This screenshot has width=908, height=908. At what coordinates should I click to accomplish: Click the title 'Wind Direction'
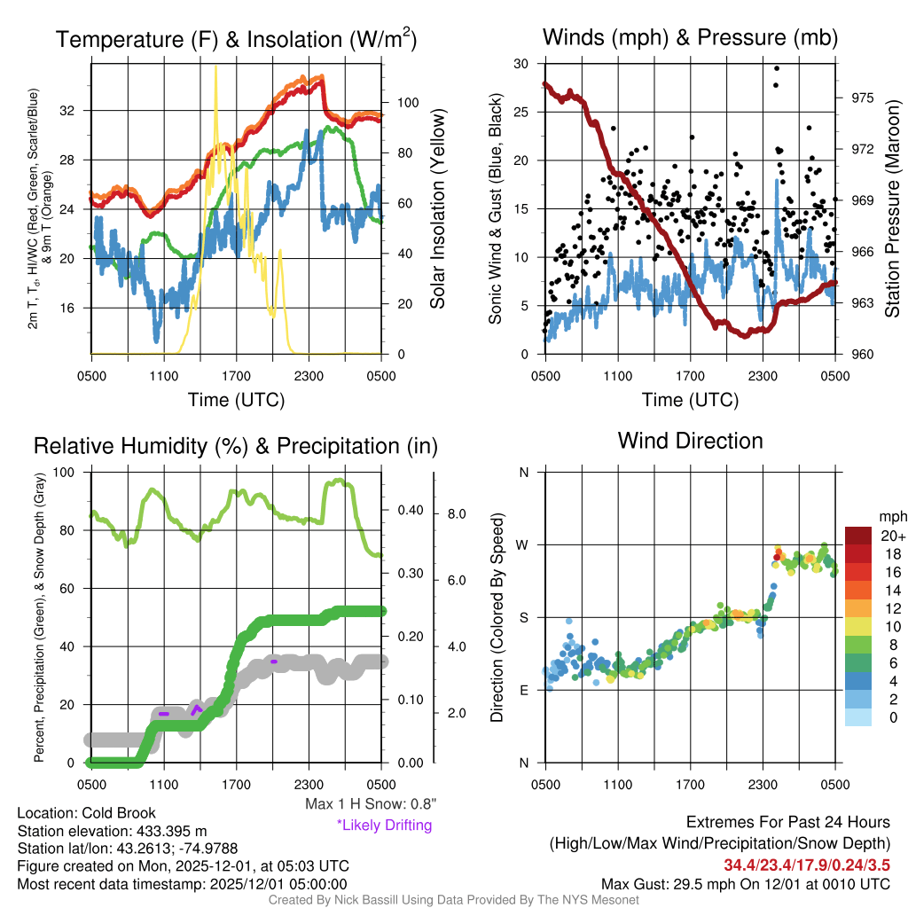tap(690, 441)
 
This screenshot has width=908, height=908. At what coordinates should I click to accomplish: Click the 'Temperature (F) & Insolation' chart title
tap(236, 40)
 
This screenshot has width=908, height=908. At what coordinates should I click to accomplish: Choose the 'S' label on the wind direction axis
tap(523, 617)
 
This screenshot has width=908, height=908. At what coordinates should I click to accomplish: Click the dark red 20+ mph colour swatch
tap(858, 536)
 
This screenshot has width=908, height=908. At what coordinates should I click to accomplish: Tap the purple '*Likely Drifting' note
tap(384, 826)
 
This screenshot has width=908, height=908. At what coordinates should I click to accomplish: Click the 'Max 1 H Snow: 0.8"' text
tap(371, 804)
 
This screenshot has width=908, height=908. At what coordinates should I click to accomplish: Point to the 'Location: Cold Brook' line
tap(87, 813)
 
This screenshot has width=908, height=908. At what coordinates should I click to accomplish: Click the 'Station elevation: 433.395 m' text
tap(112, 831)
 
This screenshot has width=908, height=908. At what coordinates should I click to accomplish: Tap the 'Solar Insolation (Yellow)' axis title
tap(437, 209)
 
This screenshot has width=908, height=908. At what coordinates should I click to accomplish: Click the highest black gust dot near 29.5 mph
tap(777, 68)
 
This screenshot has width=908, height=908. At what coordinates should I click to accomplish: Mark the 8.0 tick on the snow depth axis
tap(456, 513)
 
